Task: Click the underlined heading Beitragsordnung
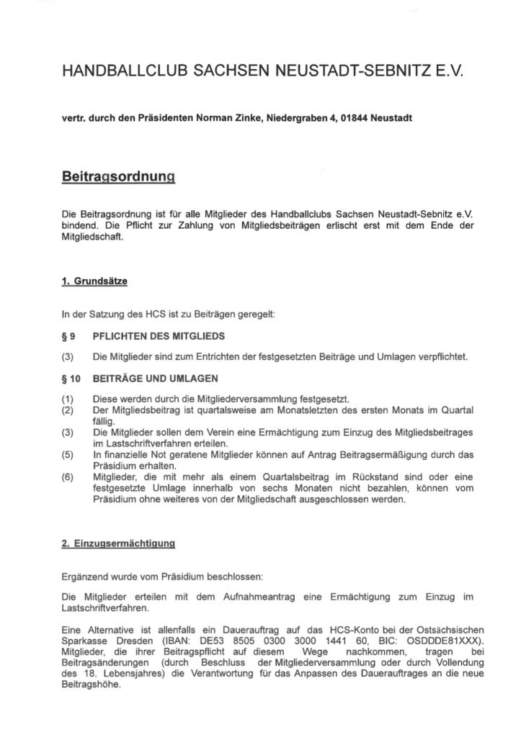120,178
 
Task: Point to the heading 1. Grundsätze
94,283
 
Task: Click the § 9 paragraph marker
69,336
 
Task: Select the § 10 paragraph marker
72,379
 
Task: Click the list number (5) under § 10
69,455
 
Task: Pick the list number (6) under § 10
69,476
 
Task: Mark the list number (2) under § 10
69,410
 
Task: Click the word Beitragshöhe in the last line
94,685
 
